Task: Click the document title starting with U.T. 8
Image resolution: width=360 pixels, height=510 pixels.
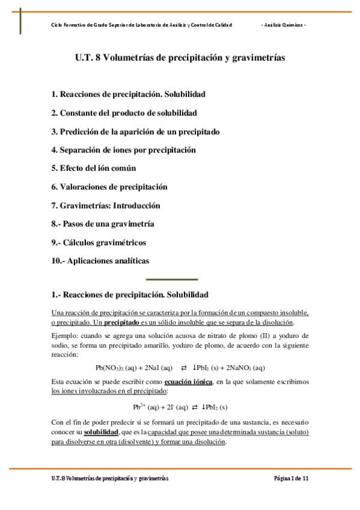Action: click(x=180, y=58)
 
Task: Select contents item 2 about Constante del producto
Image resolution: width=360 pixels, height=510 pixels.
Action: click(x=124, y=112)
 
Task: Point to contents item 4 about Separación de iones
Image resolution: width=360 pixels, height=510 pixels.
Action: click(x=124, y=150)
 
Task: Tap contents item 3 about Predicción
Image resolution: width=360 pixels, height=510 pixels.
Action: click(x=135, y=131)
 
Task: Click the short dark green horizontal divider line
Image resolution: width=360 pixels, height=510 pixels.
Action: click(x=171, y=279)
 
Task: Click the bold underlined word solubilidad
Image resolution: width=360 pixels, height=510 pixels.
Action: click(x=100, y=432)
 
